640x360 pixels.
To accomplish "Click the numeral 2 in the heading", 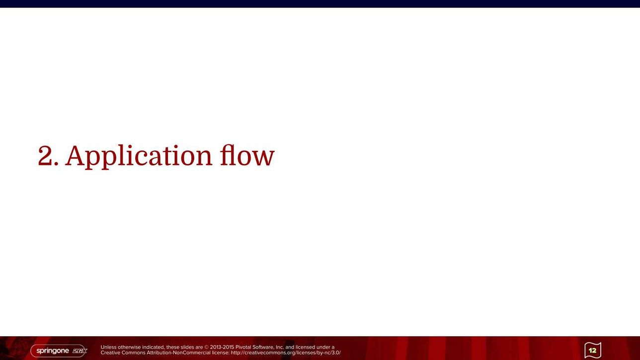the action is [x=45, y=155].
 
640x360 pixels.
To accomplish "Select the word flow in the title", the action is [x=247, y=155].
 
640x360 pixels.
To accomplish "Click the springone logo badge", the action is [x=59, y=351].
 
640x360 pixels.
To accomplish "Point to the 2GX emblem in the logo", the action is [x=80, y=351].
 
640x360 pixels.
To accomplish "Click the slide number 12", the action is [x=593, y=350].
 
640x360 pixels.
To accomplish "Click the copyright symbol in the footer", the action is [x=206, y=348].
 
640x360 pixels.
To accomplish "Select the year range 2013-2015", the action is [x=222, y=347].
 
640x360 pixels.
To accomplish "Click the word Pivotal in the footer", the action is [x=243, y=347].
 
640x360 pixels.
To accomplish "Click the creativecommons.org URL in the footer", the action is [x=286, y=353].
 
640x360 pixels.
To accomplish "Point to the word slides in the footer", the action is [x=187, y=347].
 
